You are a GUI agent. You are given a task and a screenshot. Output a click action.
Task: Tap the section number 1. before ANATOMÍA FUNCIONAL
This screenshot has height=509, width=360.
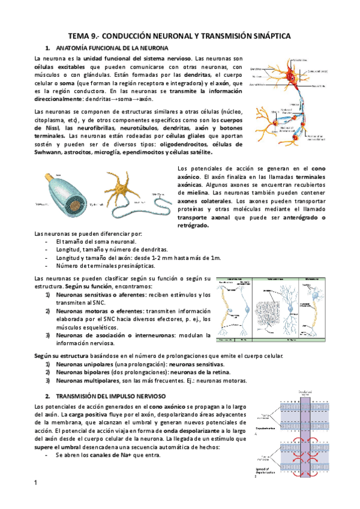click(x=47, y=47)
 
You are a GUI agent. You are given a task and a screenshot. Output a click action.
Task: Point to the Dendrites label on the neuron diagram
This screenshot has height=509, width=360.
click(x=256, y=70)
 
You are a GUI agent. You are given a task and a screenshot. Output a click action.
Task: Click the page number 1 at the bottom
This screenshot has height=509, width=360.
click(x=36, y=483)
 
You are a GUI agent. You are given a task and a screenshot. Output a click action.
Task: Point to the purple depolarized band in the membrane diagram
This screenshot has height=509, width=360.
click(x=307, y=432)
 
